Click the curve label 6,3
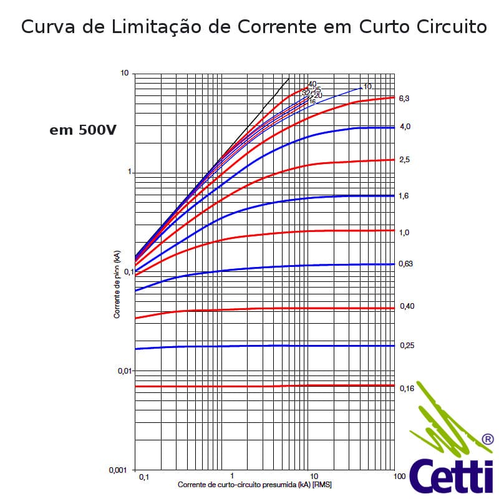pos(404,99)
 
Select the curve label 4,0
pos(404,127)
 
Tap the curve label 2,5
pos(404,160)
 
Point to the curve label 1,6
pos(404,196)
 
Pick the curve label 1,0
pos(404,233)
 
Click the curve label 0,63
pos(406,264)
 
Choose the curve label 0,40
pos(406,306)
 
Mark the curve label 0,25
pos(406,346)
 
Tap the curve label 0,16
pos(406,389)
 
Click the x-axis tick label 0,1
pos(143,477)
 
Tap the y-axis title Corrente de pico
pos(117,284)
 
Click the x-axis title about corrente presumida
pos(254,485)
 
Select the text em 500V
pos(82,131)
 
